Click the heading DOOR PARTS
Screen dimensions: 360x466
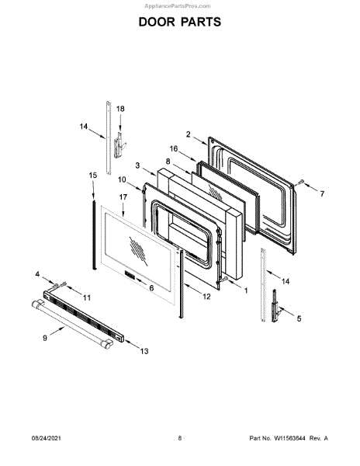pos(180,22)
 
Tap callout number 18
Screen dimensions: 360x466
pos(120,109)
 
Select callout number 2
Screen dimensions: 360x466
pos(189,134)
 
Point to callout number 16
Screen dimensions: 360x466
pos(174,148)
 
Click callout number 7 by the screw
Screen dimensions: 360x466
pos(322,193)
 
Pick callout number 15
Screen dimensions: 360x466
pos(93,176)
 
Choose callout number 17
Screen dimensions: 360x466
pos(123,197)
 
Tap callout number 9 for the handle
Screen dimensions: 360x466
pos(45,338)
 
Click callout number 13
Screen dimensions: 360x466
pos(144,351)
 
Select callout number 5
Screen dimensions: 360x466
pos(299,318)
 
